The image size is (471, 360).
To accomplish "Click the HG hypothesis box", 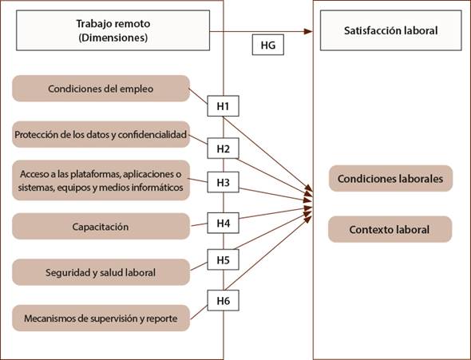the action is pyautogui.click(x=268, y=45).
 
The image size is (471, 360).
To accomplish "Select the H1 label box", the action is pyautogui.click(x=224, y=106).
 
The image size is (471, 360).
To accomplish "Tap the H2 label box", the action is pyautogui.click(x=224, y=148).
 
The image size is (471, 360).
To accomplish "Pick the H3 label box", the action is pyautogui.click(x=224, y=182).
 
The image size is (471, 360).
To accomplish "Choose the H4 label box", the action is pyautogui.click(x=224, y=223).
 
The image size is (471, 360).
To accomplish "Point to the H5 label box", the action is pyautogui.click(x=224, y=259).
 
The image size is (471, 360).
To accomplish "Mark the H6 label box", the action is pyautogui.click(x=224, y=301).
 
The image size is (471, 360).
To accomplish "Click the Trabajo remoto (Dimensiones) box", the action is pyautogui.click(x=113, y=30).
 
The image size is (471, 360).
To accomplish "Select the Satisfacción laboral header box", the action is pyautogui.click(x=391, y=30).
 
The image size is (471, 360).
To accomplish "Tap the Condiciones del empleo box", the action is pyautogui.click(x=101, y=89).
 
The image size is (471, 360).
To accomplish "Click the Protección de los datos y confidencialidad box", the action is pyautogui.click(x=101, y=135).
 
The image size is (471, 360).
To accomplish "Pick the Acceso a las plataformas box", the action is pyautogui.click(x=101, y=180).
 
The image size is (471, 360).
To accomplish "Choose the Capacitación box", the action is pyautogui.click(x=101, y=227).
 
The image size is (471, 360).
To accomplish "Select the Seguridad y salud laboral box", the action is pyautogui.click(x=101, y=272).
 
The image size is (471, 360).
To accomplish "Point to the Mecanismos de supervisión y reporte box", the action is pyautogui.click(x=101, y=318).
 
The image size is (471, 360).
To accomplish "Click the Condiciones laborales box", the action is pyautogui.click(x=390, y=179).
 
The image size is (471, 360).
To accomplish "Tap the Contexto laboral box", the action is pyautogui.click(x=390, y=230).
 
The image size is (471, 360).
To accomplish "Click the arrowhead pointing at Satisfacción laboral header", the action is pyautogui.click(x=308, y=31).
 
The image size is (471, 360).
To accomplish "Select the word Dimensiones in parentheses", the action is pyautogui.click(x=113, y=38).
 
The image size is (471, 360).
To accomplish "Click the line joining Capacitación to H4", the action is pyautogui.click(x=199, y=224).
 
